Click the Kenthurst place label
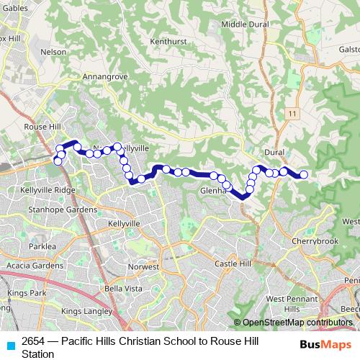coord(168,42)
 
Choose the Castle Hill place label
coord(231,264)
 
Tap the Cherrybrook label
coord(315,241)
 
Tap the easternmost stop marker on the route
coord(304,174)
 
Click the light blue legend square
coord(9,345)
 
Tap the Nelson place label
coord(53,52)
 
